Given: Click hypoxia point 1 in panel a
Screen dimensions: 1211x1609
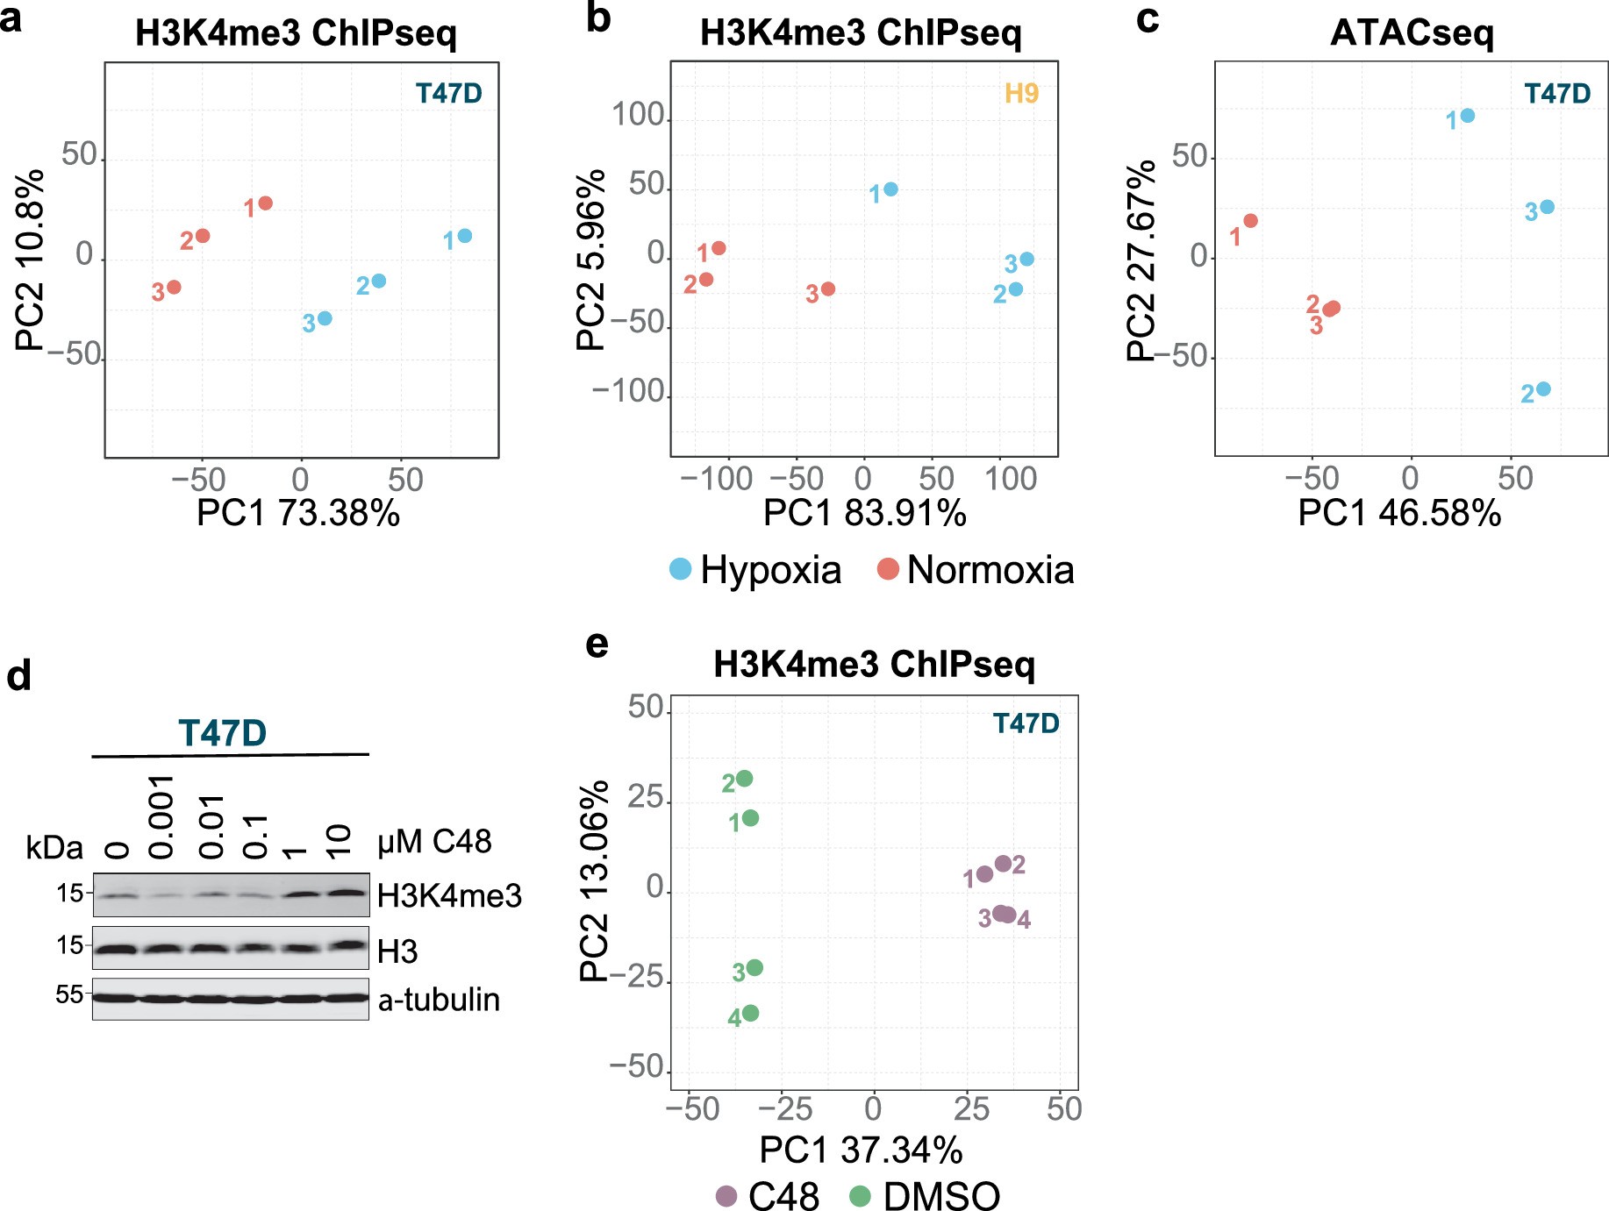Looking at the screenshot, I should (465, 236).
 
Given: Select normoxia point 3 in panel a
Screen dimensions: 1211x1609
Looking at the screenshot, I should (174, 287).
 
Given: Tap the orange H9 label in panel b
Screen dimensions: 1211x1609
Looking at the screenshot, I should (1021, 93).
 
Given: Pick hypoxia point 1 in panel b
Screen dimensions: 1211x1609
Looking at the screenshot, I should (890, 189).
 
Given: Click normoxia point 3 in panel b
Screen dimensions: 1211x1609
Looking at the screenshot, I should (827, 289).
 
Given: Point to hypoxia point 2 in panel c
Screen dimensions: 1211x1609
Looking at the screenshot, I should (1543, 389).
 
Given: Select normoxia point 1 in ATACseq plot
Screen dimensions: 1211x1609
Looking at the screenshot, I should (1250, 221).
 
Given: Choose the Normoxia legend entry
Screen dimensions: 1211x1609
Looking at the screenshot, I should (976, 570).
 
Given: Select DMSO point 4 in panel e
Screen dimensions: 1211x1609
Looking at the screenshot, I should (750, 1014).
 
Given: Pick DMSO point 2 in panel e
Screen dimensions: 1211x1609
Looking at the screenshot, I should (744, 779).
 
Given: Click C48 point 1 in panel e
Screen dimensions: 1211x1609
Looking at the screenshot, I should (984, 874).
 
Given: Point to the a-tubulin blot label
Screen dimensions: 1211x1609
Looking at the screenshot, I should (439, 1000).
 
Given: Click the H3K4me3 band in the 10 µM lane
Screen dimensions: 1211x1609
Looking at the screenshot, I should (346, 894).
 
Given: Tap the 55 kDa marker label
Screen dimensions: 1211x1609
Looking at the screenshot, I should (69, 994).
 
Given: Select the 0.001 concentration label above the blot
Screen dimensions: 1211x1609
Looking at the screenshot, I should (162, 816).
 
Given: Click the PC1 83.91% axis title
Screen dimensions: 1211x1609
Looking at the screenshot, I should (864, 513).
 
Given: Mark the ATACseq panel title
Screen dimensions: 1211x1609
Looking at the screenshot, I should (1412, 33).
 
